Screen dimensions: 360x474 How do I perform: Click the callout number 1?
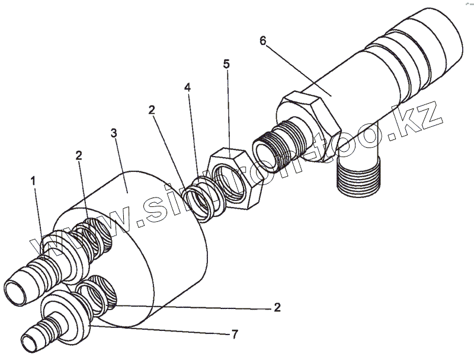[34, 178]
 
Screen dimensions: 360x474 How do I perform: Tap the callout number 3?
[115, 133]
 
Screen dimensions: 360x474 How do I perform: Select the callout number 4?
[187, 87]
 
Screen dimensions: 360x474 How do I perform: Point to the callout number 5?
[227, 64]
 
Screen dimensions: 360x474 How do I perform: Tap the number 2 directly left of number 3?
[79, 155]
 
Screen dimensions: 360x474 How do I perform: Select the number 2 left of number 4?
[152, 110]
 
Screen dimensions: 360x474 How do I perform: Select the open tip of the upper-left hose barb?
[15, 292]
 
